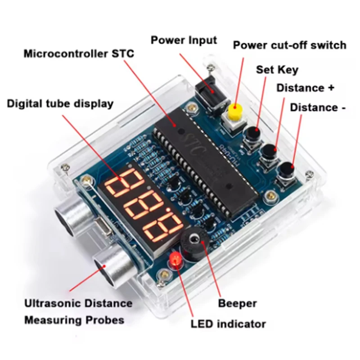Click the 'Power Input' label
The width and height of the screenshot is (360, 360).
[x=184, y=40]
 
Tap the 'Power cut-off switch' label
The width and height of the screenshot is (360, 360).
[x=289, y=45]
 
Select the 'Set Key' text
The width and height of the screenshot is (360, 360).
[x=277, y=70]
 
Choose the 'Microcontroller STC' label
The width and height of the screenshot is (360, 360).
[x=79, y=54]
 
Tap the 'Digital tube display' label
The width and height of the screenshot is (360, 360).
[x=60, y=103]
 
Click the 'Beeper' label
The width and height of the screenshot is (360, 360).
[x=237, y=303]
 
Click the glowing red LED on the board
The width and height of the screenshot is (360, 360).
[x=175, y=261]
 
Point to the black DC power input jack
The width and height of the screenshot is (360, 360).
[x=208, y=93]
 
